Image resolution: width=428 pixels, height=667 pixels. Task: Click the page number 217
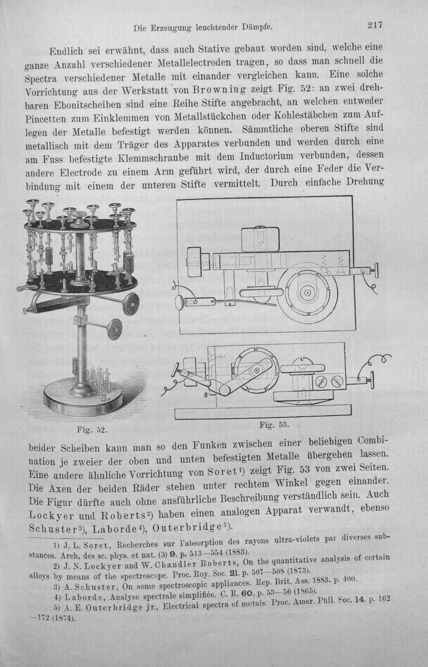374,25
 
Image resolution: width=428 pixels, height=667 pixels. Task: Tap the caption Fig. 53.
274,424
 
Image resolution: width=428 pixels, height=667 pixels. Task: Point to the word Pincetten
45,119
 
